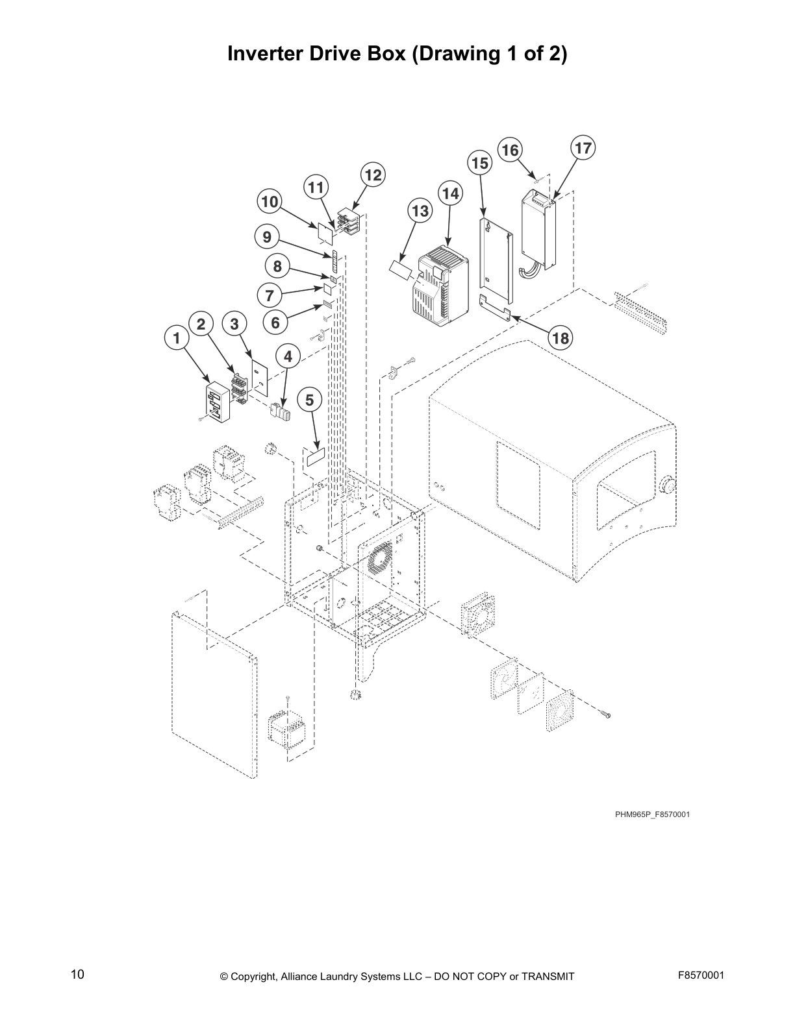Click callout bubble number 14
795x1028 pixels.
[x=450, y=193]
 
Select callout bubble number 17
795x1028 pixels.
[x=583, y=148]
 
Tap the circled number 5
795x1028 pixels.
[x=310, y=400]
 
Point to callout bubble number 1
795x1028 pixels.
[x=175, y=337]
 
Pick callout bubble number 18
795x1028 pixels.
[x=560, y=337]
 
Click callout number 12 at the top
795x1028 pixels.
[x=372, y=175]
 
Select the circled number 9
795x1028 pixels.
[x=267, y=237]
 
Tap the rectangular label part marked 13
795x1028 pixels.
[x=402, y=269]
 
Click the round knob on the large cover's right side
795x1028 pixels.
[x=668, y=485]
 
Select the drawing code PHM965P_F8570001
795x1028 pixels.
[x=652, y=814]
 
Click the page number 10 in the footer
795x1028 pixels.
[x=77, y=975]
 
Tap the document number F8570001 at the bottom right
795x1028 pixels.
[x=700, y=975]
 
